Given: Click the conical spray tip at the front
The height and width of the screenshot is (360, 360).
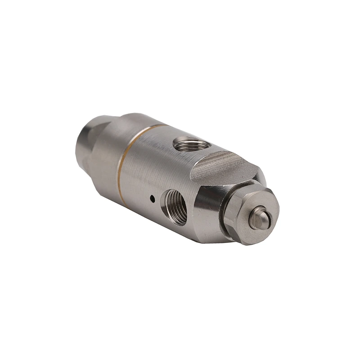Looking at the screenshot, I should coord(260,217).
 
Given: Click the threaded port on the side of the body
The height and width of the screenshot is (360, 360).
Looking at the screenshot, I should coord(176,207).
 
